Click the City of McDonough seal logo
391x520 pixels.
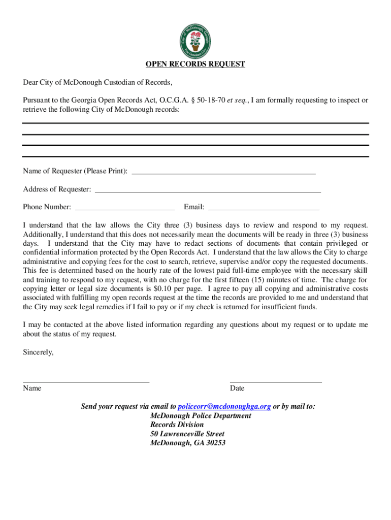(x=195, y=39)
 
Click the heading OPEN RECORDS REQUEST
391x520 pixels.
(x=195, y=64)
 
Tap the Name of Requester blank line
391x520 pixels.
(x=223, y=173)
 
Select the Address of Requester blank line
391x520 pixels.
(x=208, y=191)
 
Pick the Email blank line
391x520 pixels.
(x=264, y=209)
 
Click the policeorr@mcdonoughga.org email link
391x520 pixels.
(x=224, y=406)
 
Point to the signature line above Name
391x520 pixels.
(x=86, y=381)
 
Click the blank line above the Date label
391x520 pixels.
(x=276, y=381)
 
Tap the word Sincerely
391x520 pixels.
(x=38, y=352)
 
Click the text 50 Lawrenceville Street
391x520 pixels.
(x=187, y=434)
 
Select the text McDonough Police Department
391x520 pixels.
(x=201, y=415)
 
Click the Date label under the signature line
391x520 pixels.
(x=237, y=388)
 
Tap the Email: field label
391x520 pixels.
(x=194, y=207)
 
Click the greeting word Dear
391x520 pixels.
(x=30, y=82)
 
